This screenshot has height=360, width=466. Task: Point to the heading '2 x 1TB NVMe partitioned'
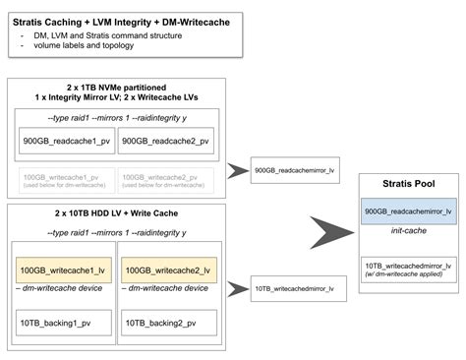tap(116, 88)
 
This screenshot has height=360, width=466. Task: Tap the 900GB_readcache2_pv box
tap(167, 142)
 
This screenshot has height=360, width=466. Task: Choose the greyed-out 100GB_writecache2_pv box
tap(166, 179)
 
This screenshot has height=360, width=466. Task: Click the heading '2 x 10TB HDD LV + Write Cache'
tap(116, 213)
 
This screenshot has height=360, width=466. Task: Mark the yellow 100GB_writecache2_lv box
tap(166, 269)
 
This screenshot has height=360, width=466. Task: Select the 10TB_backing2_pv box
tap(166, 322)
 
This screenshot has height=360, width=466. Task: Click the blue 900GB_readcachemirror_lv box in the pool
tap(407, 211)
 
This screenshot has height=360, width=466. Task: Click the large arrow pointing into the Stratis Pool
tap(323, 235)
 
